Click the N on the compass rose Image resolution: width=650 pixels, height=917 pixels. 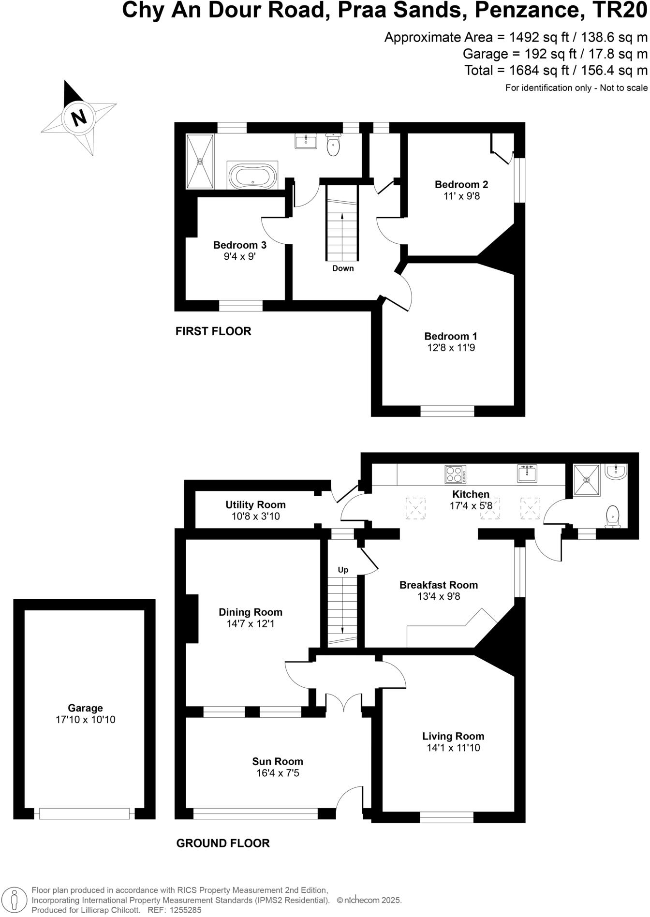click(x=79, y=117)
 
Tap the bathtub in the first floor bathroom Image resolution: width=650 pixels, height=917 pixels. click(x=252, y=176)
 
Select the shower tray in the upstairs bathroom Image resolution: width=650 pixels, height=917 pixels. click(x=200, y=161)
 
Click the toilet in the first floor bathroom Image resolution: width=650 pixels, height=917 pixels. click(x=333, y=144)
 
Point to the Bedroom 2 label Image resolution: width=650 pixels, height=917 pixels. click(x=461, y=184)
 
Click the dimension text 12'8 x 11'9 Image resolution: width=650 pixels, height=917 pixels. click(x=451, y=348)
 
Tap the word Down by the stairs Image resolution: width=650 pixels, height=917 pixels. click(x=343, y=268)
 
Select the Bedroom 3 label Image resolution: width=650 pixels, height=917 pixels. click(x=239, y=245)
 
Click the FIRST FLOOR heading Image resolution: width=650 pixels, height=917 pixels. click(x=213, y=331)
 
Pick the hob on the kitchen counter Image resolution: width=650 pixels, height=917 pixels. click(x=456, y=474)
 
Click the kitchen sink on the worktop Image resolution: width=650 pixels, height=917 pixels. click(x=527, y=474)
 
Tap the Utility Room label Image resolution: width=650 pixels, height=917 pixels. click(x=255, y=505)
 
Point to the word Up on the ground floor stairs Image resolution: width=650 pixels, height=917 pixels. click(x=343, y=570)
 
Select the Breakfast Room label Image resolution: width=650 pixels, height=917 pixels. click(x=438, y=585)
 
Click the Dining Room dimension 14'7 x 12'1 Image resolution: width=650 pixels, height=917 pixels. click(x=250, y=624)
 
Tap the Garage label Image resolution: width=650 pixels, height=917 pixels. click(x=85, y=709)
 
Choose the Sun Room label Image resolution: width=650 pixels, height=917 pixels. click(x=278, y=762)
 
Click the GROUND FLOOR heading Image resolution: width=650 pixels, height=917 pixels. click(x=223, y=843)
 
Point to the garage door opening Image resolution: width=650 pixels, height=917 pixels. click(x=85, y=813)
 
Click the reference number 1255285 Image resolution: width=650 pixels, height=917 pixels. click(x=184, y=910)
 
